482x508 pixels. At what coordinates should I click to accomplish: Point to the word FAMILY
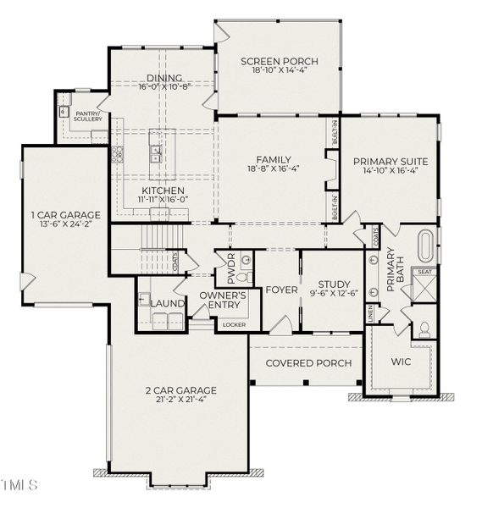(274, 159)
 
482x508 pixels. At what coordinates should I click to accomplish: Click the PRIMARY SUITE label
(390, 161)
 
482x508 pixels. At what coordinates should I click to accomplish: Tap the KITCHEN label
(163, 191)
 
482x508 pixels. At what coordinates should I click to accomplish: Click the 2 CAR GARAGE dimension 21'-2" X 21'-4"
(180, 400)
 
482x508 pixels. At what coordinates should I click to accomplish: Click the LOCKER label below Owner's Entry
(232, 325)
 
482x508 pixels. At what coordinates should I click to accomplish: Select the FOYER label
(281, 290)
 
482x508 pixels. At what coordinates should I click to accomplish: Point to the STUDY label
(334, 284)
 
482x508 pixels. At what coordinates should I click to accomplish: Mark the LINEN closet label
(370, 314)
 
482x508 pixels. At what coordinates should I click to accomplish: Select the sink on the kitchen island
(157, 153)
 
